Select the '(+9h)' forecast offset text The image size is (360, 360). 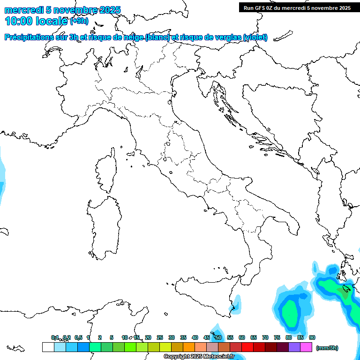79,21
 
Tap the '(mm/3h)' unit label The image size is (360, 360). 327,348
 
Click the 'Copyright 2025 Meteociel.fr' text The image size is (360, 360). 199,357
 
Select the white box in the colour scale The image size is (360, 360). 48,347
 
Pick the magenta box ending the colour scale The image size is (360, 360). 306,347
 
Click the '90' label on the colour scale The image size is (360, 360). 312,337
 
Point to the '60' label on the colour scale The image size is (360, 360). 242,337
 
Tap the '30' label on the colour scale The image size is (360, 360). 172,337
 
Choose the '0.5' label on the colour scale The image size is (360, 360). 78,337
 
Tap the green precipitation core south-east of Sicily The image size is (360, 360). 291,311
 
